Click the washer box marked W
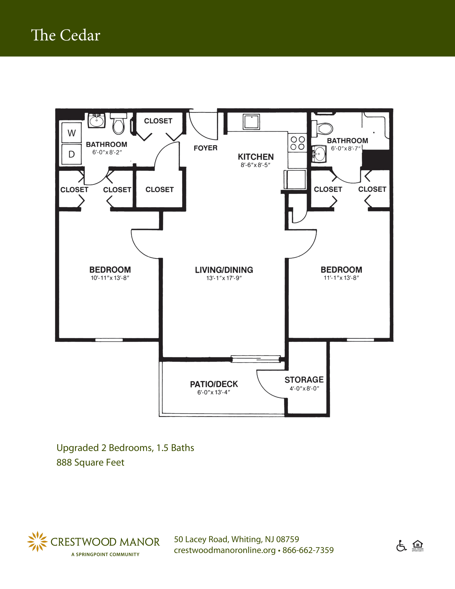point(71,133)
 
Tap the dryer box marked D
point(71,154)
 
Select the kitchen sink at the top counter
point(251,122)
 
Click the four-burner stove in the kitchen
point(297,143)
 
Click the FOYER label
point(205,148)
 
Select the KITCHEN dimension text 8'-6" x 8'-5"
point(256,165)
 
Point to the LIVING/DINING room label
point(224,270)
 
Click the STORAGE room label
point(304,380)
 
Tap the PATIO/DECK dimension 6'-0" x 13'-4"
point(214,392)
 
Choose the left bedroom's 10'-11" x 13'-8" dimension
point(110,278)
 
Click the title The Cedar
point(66,35)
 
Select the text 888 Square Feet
point(90,463)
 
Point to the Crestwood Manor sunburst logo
point(37,542)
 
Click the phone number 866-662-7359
point(308,550)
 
